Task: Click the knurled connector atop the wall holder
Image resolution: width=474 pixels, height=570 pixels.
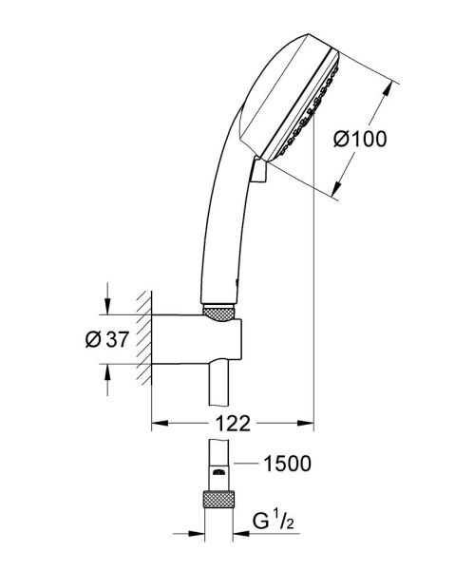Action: [218, 310]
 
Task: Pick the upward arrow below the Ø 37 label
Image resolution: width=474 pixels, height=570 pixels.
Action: [107, 370]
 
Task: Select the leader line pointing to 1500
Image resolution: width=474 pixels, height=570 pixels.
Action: [246, 464]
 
